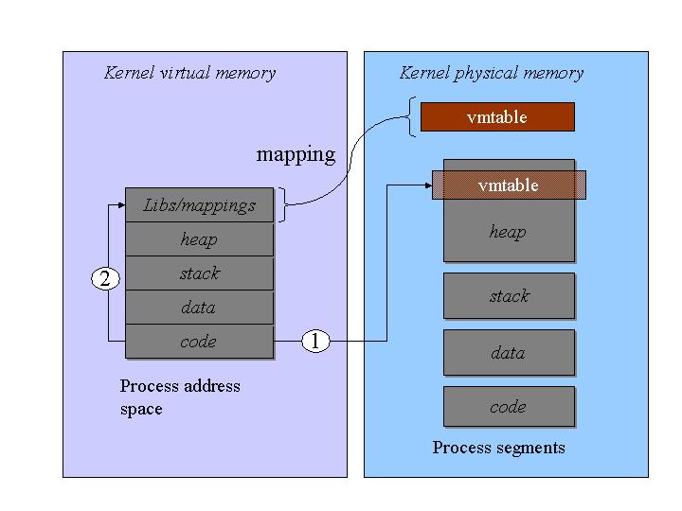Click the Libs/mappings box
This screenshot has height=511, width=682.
[199, 205]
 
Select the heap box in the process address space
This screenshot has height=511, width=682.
[199, 239]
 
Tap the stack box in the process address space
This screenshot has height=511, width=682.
[199, 273]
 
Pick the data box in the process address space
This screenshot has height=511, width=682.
[199, 308]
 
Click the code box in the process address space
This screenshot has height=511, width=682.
[199, 342]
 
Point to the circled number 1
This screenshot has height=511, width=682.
[315, 342]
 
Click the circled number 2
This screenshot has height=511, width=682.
[105, 278]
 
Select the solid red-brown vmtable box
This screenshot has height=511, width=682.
[496, 117]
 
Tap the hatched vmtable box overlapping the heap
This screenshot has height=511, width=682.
[509, 185]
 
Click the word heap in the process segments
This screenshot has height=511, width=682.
[508, 232]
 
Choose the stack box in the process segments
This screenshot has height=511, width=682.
[509, 296]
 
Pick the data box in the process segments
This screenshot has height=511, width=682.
[509, 353]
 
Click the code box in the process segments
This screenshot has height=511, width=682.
[509, 407]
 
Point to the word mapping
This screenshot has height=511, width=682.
[296, 154]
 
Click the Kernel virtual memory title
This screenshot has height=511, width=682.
[189, 73]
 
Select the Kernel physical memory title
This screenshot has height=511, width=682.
[492, 73]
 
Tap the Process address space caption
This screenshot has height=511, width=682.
[180, 397]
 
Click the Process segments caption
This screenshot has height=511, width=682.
[498, 448]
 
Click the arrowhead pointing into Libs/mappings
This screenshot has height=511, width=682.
[121, 204]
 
